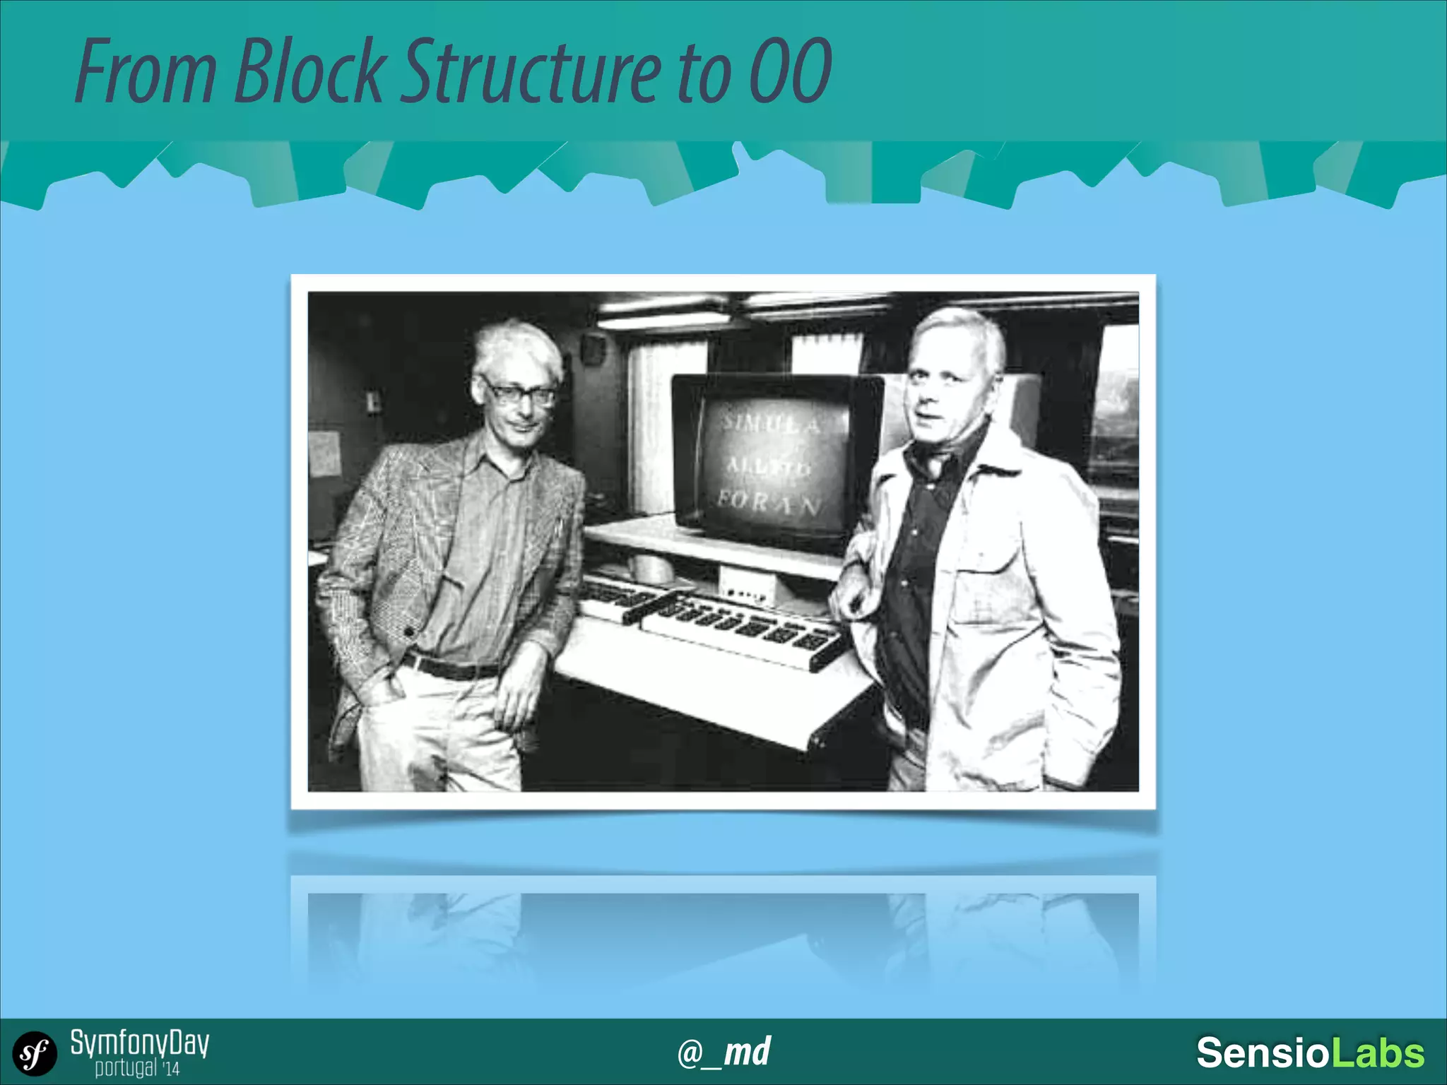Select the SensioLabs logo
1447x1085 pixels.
[x=1310, y=1053]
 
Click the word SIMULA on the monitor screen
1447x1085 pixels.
[x=771, y=425]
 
